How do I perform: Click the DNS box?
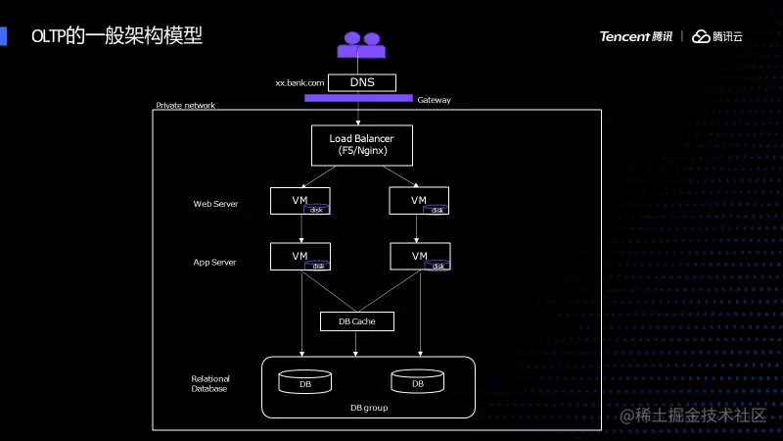coord(362,83)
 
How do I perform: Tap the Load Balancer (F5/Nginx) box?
coord(361,145)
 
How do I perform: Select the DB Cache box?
coord(356,321)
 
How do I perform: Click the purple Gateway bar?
coord(358,98)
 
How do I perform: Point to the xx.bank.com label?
coord(299,83)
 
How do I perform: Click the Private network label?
coord(186,106)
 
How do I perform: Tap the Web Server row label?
coord(215,204)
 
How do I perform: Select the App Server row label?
coord(215,263)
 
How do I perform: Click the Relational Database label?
coord(209,383)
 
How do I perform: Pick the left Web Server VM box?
coord(299,201)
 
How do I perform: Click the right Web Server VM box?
coord(419,201)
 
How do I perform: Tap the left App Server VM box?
coord(299,257)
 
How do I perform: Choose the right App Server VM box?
coord(419,257)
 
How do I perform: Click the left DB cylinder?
coord(305,381)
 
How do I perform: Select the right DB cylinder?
coord(417,381)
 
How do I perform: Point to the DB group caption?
coord(369,407)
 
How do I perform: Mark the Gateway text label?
coord(434,100)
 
